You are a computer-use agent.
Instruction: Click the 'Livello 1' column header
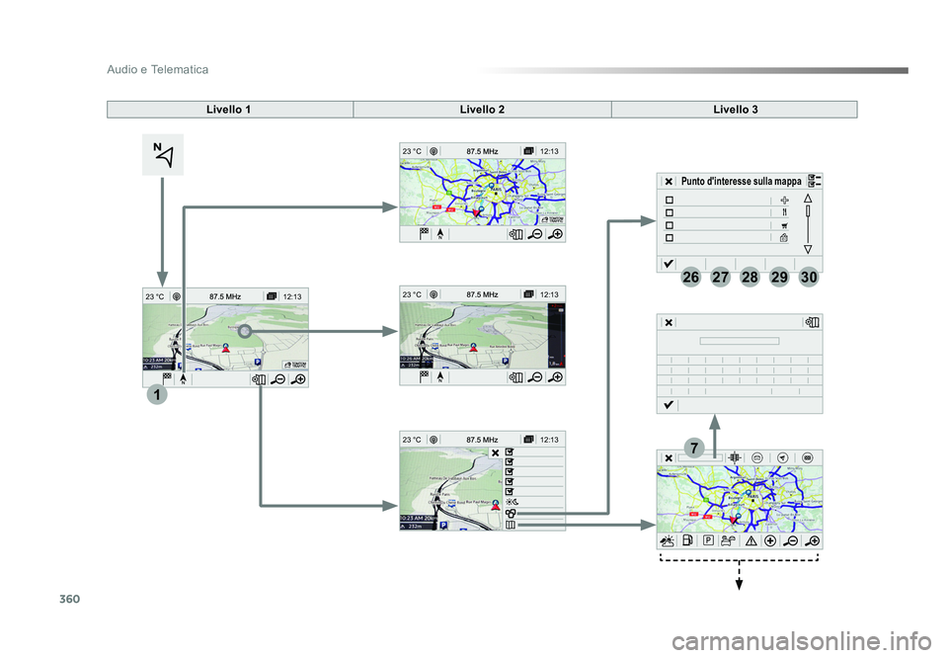tap(229, 109)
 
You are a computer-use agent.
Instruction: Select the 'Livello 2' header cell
tap(482, 109)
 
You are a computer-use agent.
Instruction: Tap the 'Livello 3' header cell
tap(735, 109)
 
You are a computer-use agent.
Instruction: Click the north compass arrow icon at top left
tap(163, 155)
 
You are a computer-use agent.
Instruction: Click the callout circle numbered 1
tap(155, 395)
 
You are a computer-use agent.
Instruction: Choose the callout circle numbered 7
tap(696, 450)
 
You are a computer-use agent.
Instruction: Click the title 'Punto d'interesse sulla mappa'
tap(741, 182)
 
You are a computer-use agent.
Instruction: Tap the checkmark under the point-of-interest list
tap(669, 263)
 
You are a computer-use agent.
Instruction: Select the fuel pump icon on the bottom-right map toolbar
tap(688, 540)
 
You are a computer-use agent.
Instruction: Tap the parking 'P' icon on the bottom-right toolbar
tap(708, 540)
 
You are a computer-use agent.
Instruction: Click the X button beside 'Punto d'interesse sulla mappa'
tap(669, 182)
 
